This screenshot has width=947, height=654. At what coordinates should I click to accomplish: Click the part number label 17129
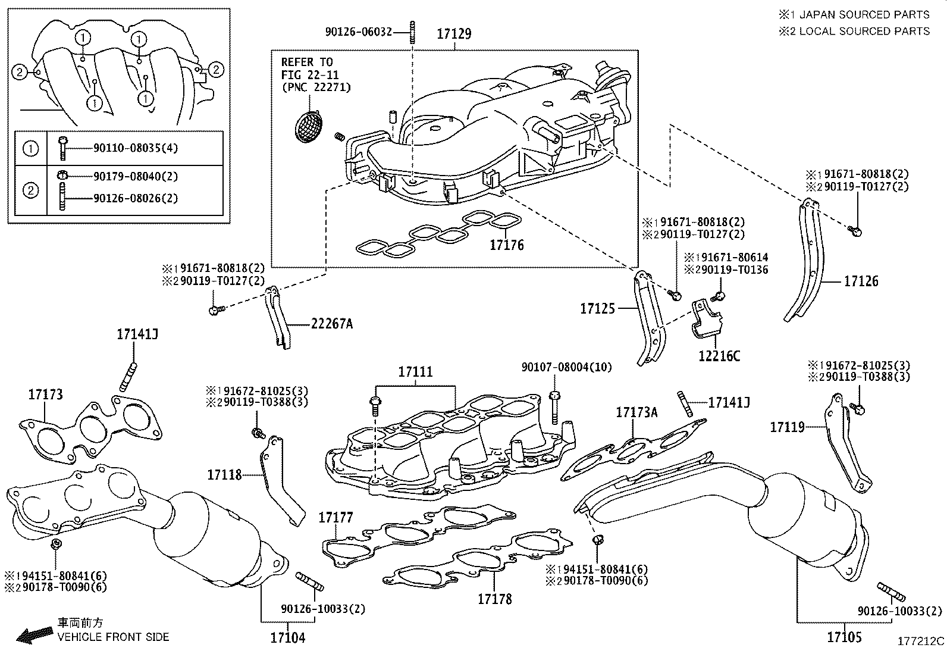[454, 34]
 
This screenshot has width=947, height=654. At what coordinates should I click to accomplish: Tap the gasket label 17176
[507, 245]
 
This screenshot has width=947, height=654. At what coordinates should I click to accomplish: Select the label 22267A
[331, 324]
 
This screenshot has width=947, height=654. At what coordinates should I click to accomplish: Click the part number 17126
[861, 281]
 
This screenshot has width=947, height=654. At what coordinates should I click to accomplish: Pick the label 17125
[597, 308]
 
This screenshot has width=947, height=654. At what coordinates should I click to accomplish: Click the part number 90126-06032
[359, 32]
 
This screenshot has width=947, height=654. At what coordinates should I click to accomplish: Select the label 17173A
[636, 412]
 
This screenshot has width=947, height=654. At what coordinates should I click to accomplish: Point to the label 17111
[415, 373]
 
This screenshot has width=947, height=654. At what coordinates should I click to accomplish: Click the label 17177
[335, 517]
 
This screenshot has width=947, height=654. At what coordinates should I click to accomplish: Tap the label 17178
[494, 599]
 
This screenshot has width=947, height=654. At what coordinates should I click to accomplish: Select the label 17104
[288, 637]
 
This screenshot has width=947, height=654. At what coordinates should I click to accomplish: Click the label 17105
[843, 637]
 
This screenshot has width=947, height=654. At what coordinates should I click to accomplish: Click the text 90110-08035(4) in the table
[136, 148]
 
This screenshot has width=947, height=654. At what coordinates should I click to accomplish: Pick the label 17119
[787, 427]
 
